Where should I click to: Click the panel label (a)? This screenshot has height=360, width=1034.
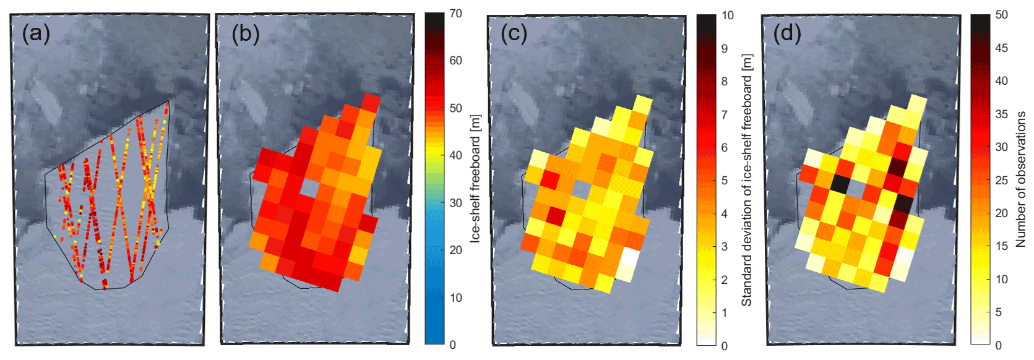coord(36,33)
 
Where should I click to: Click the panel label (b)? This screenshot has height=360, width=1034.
coord(245,33)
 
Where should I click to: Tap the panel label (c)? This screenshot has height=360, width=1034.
coord(514,33)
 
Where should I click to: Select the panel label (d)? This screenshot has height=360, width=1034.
coord(787,33)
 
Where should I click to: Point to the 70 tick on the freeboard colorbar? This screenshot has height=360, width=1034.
coord(455,14)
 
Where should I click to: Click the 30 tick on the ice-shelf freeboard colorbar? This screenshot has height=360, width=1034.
coord(455,203)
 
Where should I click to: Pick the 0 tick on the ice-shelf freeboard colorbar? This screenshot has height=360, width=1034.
coord(452,345)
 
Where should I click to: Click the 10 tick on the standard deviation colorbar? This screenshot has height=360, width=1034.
coord(728,15)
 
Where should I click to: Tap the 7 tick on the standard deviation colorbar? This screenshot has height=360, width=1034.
coord(725,114)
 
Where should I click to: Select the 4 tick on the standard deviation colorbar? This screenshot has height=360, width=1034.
coord(725,214)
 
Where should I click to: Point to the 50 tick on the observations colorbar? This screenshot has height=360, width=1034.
coord(1002,15)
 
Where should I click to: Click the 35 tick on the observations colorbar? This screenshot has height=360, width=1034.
coord(1002,114)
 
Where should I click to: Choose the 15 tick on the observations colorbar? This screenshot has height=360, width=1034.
coord(1002,246)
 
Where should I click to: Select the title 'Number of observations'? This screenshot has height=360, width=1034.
coord(1020,179)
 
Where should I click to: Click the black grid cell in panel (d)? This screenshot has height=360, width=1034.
coord(840,184)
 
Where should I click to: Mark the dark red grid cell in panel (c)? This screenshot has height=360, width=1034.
coord(556,216)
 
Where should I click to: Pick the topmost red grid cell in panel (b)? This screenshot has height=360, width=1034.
coord(371,102)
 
